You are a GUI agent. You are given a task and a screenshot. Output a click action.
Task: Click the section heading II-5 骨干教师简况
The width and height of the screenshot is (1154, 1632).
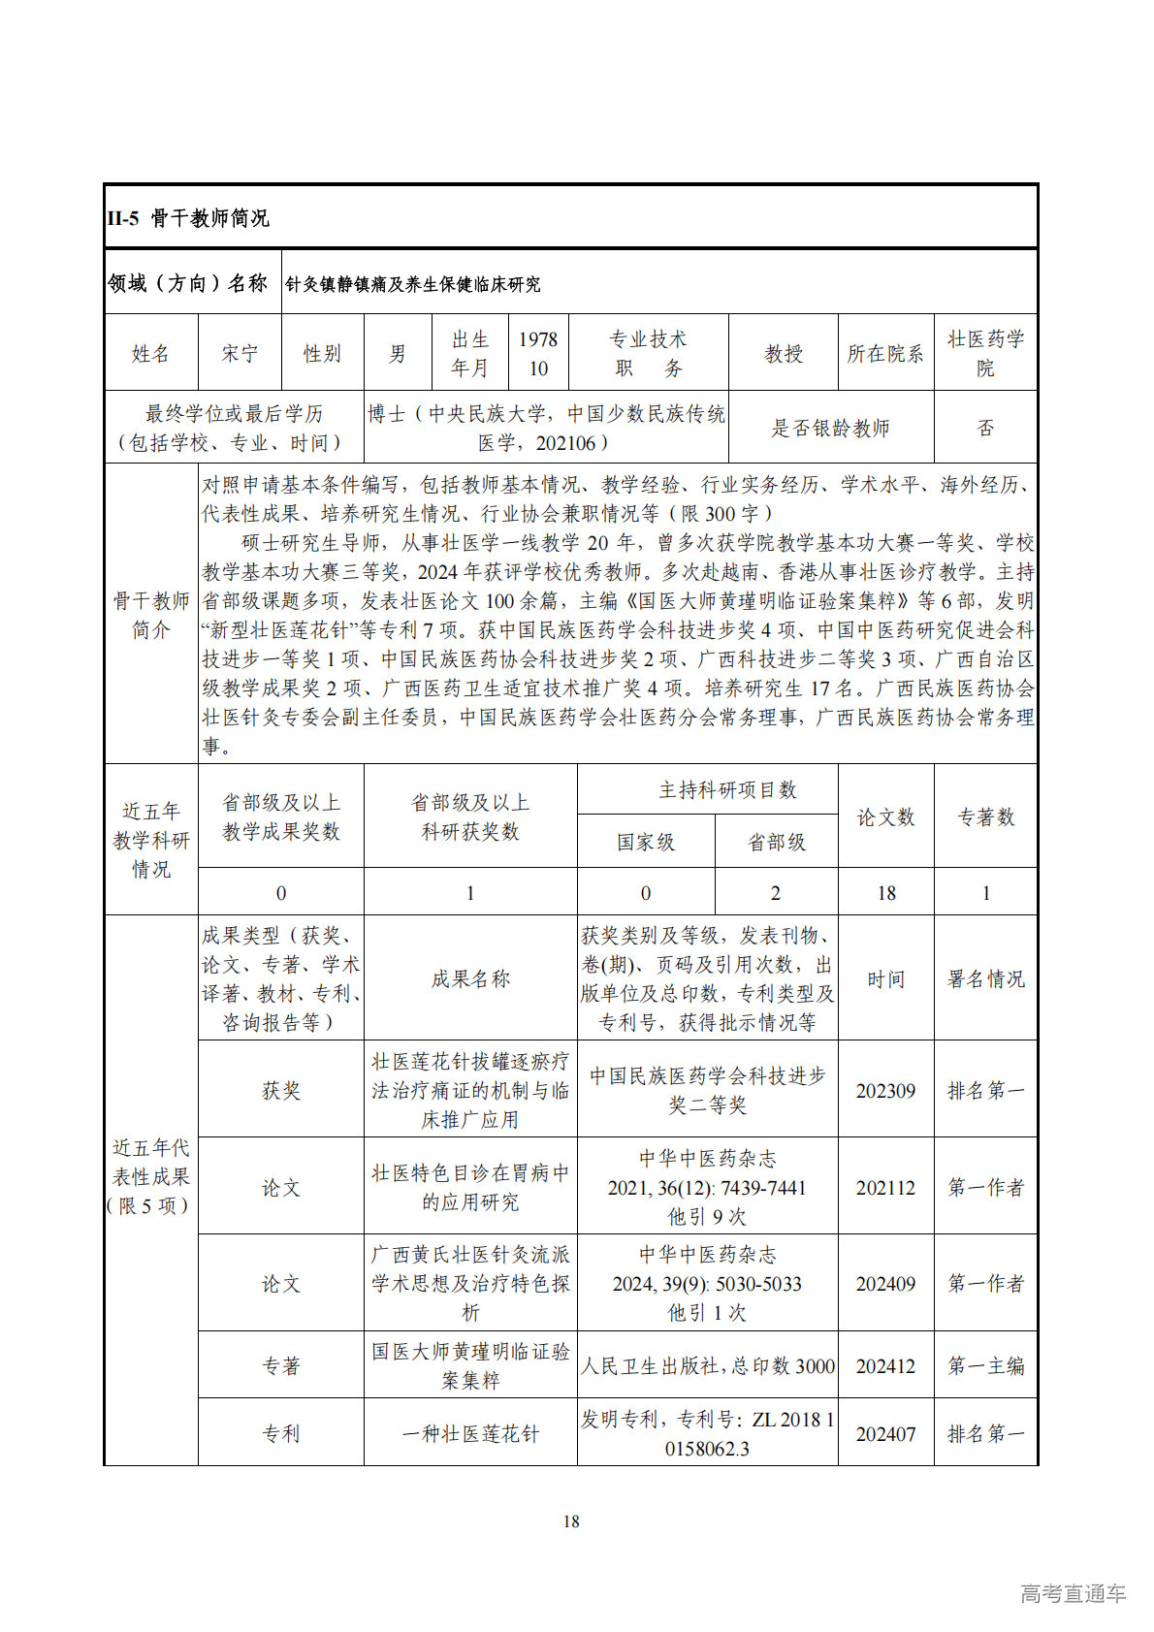tap(188, 218)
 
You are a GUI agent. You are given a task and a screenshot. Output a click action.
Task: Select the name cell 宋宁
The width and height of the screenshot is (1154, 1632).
tap(239, 354)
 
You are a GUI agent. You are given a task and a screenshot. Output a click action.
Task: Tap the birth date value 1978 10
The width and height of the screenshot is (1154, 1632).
tap(538, 354)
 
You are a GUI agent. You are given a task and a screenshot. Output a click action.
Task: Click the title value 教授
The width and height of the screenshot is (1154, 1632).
tap(783, 354)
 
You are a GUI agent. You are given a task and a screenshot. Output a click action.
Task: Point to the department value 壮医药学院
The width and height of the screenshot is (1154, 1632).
tap(985, 354)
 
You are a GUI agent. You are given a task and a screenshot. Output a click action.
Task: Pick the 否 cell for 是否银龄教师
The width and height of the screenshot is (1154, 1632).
tap(985, 428)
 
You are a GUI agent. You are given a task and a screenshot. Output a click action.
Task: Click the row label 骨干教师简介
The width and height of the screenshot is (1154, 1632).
tap(150, 616)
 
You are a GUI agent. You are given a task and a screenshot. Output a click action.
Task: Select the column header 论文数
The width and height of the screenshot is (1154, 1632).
tap(885, 817)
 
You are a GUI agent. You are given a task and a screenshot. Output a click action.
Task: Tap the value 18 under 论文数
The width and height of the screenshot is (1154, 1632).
tap(885, 893)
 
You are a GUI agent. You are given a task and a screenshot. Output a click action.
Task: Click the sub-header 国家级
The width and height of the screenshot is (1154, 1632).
tap(646, 843)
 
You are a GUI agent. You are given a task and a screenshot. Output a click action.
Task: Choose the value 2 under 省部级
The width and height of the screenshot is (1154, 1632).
tap(775, 893)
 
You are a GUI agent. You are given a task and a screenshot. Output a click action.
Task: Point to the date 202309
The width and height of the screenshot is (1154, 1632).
tap(885, 1091)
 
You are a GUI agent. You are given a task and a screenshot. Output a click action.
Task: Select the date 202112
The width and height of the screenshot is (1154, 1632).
tap(885, 1188)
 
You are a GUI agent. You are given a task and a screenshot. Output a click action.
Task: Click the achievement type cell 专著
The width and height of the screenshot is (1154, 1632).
tap(281, 1366)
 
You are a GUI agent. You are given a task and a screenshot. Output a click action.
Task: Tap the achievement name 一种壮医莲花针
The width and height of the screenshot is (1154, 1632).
tap(470, 1434)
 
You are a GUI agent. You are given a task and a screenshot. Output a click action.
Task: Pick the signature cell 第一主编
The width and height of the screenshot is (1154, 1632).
tap(985, 1366)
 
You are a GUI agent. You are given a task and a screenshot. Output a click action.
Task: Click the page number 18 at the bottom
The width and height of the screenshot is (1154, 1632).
tap(571, 1521)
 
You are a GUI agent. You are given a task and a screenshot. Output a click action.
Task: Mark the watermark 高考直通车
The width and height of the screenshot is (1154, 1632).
tap(1073, 1593)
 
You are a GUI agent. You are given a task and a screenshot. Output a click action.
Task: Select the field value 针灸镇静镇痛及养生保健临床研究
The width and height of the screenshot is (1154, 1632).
tap(413, 284)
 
